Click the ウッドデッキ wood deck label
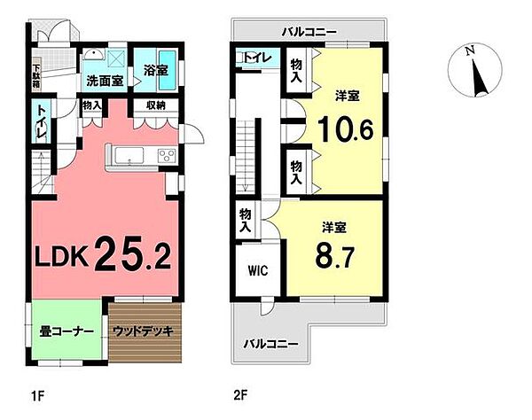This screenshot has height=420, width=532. coord(146,333)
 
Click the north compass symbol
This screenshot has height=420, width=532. coord(478,74)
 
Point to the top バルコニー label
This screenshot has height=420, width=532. coord(308,31)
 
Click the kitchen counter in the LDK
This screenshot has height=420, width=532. coord(142,156)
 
